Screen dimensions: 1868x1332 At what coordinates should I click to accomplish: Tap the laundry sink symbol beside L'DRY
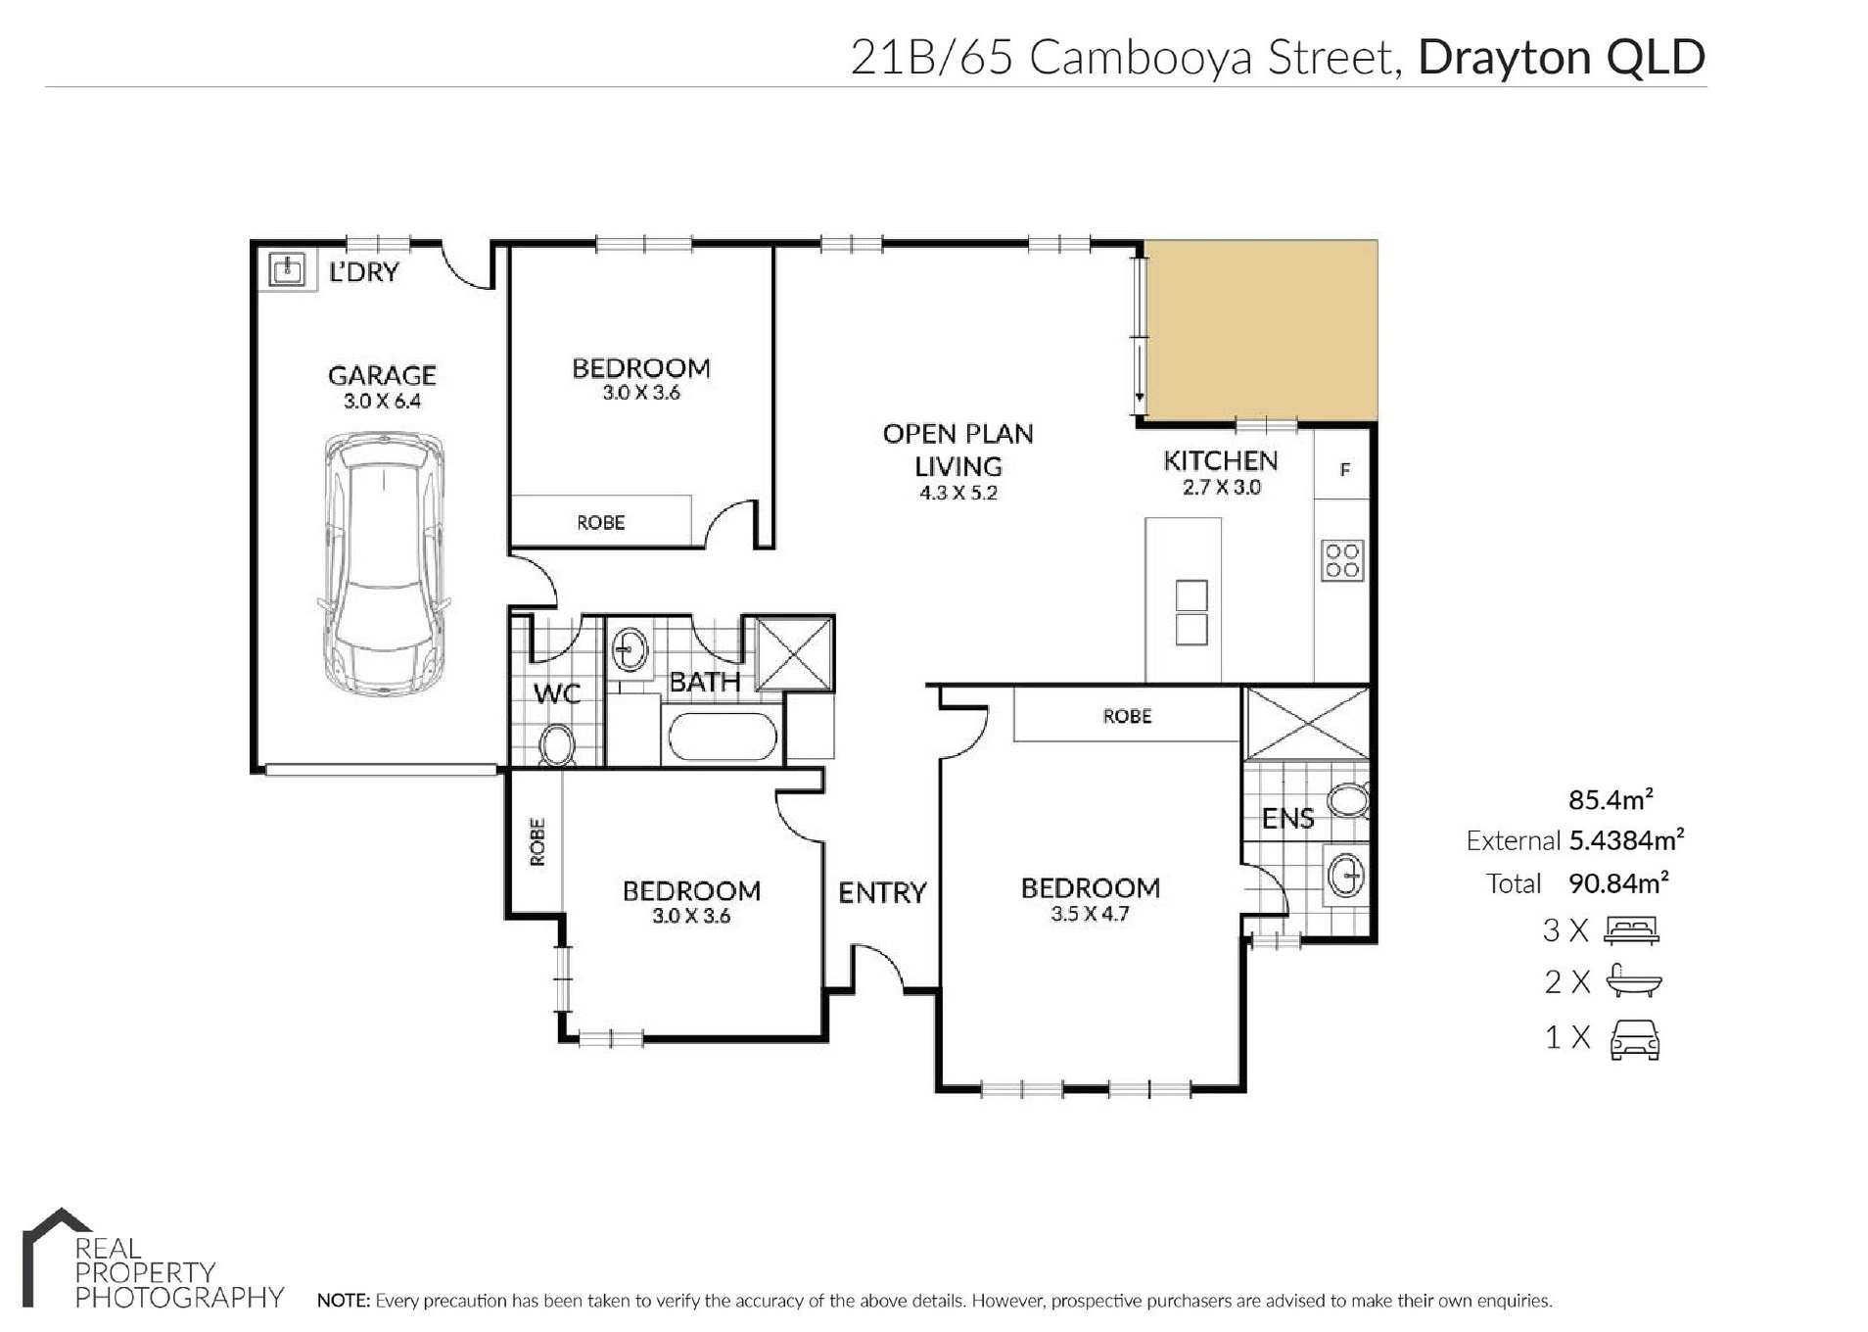(287, 268)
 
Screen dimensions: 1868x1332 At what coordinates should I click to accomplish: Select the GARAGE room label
(382, 375)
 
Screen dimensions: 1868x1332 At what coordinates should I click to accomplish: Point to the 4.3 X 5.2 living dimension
(957, 493)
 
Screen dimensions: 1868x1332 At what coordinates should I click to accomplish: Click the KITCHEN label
(1220, 460)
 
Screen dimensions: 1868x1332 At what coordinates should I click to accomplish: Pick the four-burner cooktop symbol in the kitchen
(1341, 561)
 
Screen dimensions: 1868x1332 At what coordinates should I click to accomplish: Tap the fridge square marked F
(1343, 470)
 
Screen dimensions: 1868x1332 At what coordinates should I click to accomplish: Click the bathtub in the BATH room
(723, 737)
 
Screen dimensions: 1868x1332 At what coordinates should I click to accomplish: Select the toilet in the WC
(558, 744)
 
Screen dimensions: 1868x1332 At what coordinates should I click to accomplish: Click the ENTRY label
(881, 892)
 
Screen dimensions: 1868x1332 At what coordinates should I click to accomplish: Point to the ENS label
(1287, 819)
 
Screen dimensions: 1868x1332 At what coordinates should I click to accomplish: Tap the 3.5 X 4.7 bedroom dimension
(1090, 914)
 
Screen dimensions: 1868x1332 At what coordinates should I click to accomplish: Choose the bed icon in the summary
(1631, 929)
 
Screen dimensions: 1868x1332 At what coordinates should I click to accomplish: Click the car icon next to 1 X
(1635, 1039)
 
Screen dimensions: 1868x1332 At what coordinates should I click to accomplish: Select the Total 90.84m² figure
(1576, 882)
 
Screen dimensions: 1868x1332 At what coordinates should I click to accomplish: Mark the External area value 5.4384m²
(1626, 839)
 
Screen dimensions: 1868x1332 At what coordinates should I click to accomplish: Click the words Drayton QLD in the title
(1562, 57)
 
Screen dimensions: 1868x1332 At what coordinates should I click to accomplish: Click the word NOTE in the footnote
(343, 1301)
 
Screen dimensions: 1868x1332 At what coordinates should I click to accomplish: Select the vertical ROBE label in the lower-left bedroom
(537, 842)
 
